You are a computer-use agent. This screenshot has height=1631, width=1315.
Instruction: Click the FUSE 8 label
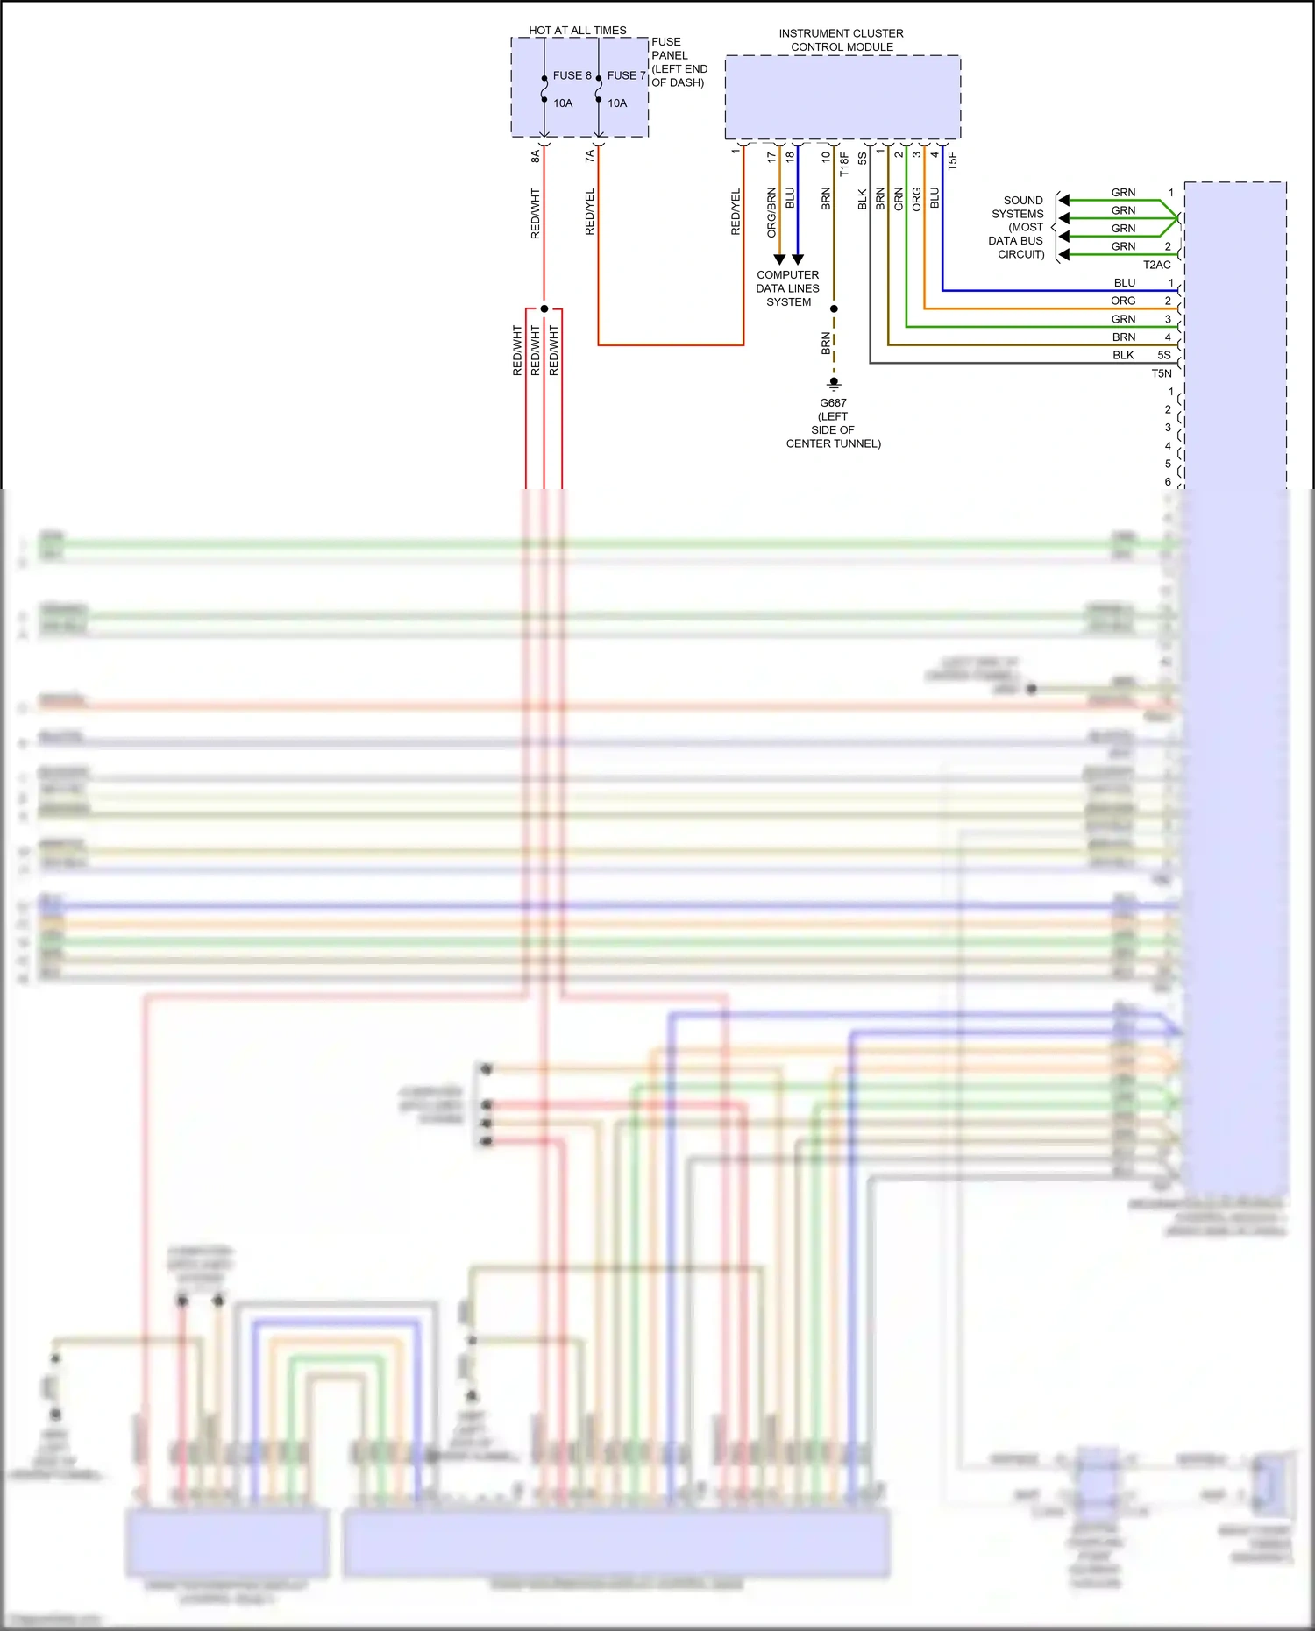pyautogui.click(x=572, y=75)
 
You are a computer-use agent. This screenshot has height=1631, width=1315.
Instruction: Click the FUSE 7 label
pyautogui.click(x=626, y=75)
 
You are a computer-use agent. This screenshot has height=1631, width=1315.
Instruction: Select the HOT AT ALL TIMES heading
pyautogui.click(x=577, y=30)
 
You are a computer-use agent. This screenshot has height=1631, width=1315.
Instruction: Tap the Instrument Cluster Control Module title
pyautogui.click(x=841, y=40)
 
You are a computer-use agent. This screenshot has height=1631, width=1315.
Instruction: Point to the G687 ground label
pyautogui.click(x=833, y=403)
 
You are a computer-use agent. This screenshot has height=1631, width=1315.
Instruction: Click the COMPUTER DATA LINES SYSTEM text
pyautogui.click(x=787, y=288)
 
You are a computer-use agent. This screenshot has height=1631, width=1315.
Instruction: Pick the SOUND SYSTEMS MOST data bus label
pyautogui.click(x=1019, y=227)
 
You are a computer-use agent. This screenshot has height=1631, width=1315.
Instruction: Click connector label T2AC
pyautogui.click(x=1156, y=265)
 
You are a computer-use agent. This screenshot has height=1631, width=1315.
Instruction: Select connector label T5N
pyautogui.click(x=1161, y=373)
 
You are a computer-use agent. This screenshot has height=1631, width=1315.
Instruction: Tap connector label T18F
pyautogui.click(x=844, y=164)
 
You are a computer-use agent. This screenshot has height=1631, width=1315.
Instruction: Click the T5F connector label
pyautogui.click(x=953, y=160)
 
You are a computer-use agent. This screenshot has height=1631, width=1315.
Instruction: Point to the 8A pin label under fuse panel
pyautogui.click(x=535, y=156)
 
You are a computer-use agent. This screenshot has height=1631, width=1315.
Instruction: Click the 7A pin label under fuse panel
pyautogui.click(x=589, y=156)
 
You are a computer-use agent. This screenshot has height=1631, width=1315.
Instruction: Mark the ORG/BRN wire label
pyautogui.click(x=771, y=213)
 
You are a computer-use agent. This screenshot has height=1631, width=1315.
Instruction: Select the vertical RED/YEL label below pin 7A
pyautogui.click(x=589, y=211)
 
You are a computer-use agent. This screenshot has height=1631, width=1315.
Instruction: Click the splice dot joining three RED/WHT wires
pyautogui.click(x=544, y=308)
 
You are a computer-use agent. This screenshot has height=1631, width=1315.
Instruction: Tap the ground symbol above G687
pyautogui.click(x=834, y=384)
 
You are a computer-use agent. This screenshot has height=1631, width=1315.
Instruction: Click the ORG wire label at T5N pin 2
pyautogui.click(x=1123, y=301)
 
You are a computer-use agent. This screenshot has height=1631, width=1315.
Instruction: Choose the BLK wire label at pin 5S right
pyautogui.click(x=1123, y=355)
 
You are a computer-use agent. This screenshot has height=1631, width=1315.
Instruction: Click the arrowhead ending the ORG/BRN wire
pyautogui.click(x=779, y=259)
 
